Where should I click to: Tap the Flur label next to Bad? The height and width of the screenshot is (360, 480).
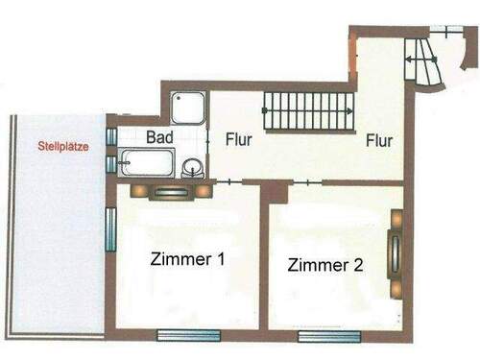(x=239, y=138)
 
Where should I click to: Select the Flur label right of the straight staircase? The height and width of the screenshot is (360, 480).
(x=378, y=141)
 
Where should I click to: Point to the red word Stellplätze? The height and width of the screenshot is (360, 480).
(x=62, y=147)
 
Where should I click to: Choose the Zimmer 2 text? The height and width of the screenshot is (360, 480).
(x=325, y=266)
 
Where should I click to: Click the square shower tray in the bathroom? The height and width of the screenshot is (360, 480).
(x=188, y=108)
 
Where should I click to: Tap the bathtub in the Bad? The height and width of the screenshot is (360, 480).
(x=148, y=161)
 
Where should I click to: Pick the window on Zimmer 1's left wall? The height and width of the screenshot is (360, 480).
(x=111, y=229)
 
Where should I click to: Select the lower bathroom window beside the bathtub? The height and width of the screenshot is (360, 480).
(x=112, y=164)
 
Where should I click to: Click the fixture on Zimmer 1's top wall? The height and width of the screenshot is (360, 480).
(x=174, y=190)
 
